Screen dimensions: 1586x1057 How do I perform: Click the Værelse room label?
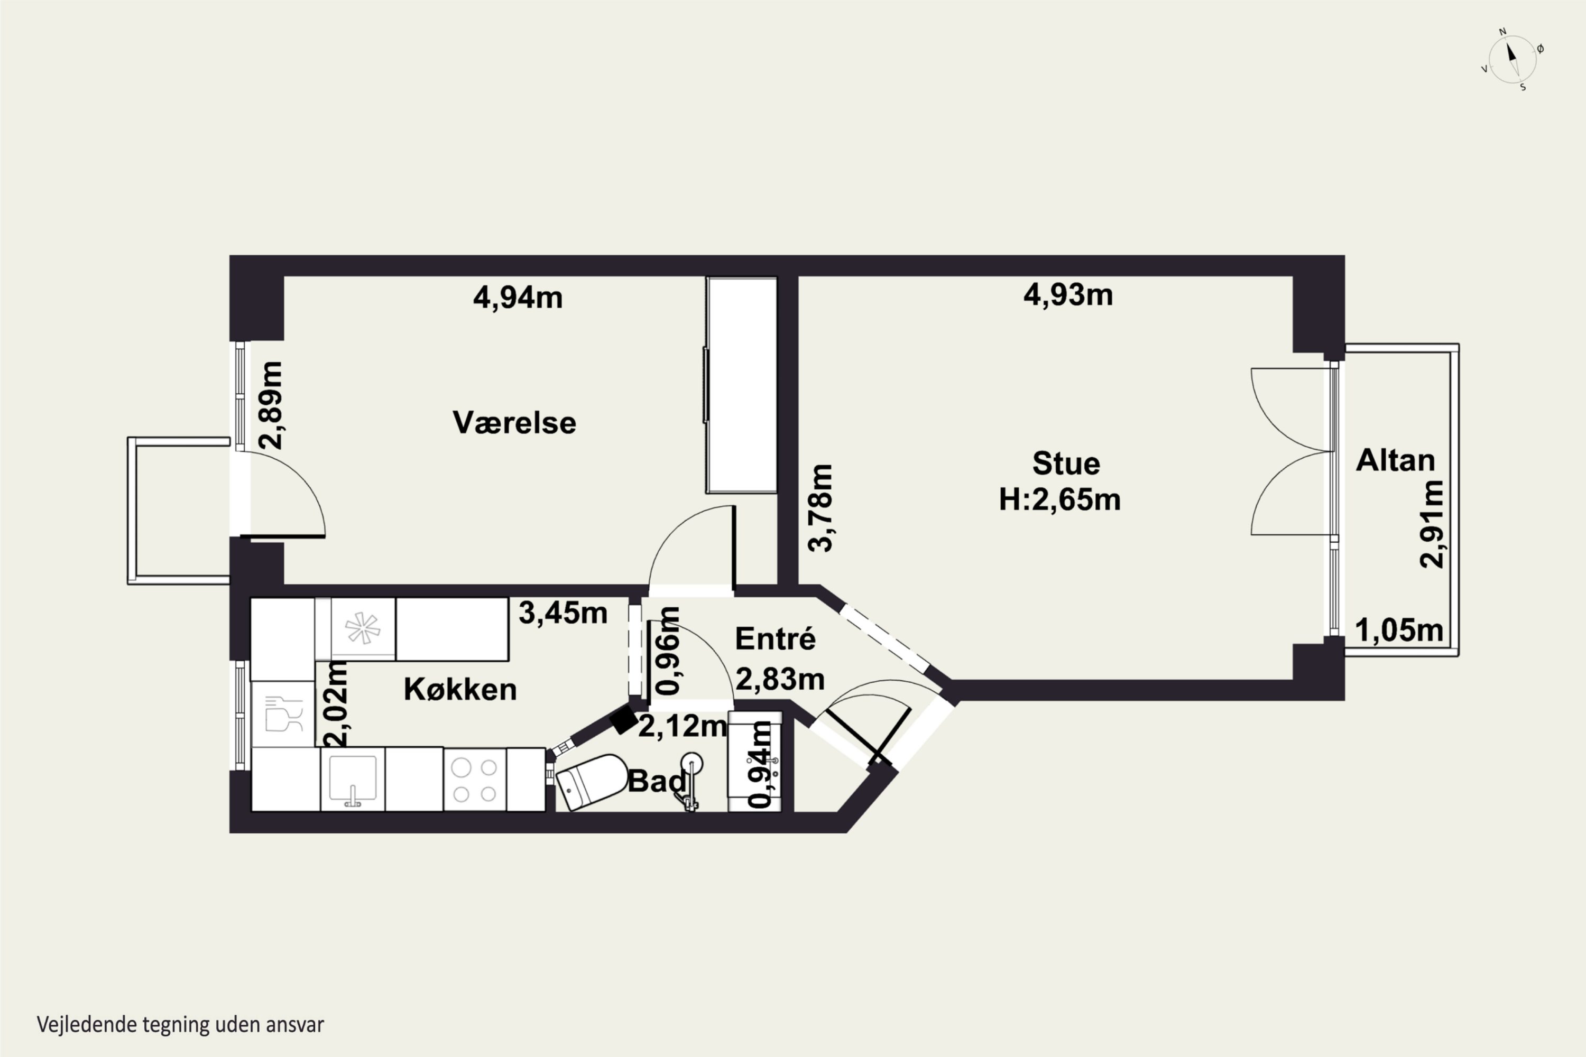pyautogui.click(x=514, y=423)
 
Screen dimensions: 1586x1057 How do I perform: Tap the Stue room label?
pyautogui.click(x=1066, y=463)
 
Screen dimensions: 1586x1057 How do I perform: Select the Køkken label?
pyautogui.click(x=460, y=689)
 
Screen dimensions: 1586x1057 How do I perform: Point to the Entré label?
pyautogui.click(x=775, y=638)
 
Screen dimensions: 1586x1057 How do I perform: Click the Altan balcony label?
pyautogui.click(x=1395, y=460)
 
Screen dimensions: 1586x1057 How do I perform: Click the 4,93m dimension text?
pyautogui.click(x=1068, y=294)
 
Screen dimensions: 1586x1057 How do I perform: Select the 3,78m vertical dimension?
pyautogui.click(x=820, y=508)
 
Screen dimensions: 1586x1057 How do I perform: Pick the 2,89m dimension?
pyautogui.click(x=271, y=405)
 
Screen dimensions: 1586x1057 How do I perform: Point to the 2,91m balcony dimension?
pyautogui.click(x=1431, y=524)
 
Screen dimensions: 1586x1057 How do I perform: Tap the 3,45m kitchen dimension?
pyautogui.click(x=563, y=613)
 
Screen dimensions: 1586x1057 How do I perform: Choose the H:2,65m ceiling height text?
pyautogui.click(x=1059, y=499)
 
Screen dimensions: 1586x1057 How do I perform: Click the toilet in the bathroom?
pyautogui.click(x=592, y=781)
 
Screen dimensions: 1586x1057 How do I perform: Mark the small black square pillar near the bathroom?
pyautogui.click(x=624, y=719)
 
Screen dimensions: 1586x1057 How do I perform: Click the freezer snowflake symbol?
pyautogui.click(x=362, y=629)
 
